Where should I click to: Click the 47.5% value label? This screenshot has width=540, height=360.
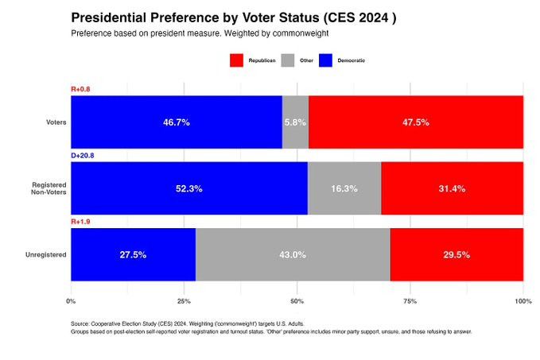pyautogui.click(x=415, y=122)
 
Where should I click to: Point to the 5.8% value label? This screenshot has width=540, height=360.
pyautogui.click(x=295, y=122)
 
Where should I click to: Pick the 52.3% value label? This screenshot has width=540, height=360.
pyautogui.click(x=188, y=188)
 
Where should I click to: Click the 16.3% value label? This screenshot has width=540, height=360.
pyautogui.click(x=344, y=188)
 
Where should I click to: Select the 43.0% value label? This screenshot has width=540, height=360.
pyautogui.click(x=292, y=254)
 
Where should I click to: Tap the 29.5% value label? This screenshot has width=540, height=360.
pyautogui.click(x=456, y=254)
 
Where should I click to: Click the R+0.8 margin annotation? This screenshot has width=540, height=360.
pyautogui.click(x=80, y=89)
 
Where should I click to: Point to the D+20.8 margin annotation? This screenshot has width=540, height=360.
pyautogui.click(x=83, y=156)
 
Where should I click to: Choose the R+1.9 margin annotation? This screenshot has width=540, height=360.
pyautogui.click(x=80, y=222)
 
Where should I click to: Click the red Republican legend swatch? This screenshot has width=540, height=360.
pyautogui.click(x=236, y=60)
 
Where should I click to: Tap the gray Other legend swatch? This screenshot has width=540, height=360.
pyautogui.click(x=286, y=60)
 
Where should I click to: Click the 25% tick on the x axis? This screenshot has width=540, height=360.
pyautogui.click(x=184, y=301)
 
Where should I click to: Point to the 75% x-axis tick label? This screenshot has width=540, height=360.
pyautogui.click(x=410, y=301)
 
